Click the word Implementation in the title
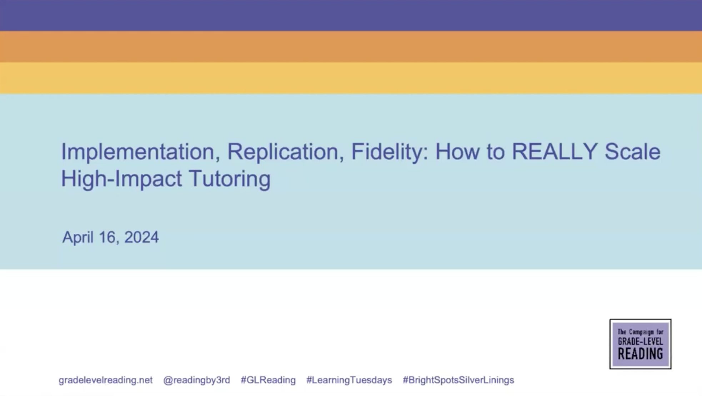pyautogui.click(x=138, y=152)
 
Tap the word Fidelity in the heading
pyautogui.click(x=389, y=152)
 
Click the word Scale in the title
pyautogui.click(x=632, y=151)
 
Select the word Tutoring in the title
pyautogui.click(x=230, y=178)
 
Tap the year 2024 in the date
pyautogui.click(x=141, y=237)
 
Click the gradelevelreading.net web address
pyautogui.click(x=105, y=380)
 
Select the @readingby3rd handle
pyautogui.click(x=196, y=380)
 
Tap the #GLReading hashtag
pyautogui.click(x=268, y=380)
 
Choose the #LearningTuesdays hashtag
pyautogui.click(x=349, y=380)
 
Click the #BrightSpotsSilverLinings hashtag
pyautogui.click(x=458, y=380)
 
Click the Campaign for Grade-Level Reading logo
pyautogui.click(x=640, y=344)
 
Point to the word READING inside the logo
pyautogui.click(x=640, y=354)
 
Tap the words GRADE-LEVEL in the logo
pyautogui.click(x=640, y=342)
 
